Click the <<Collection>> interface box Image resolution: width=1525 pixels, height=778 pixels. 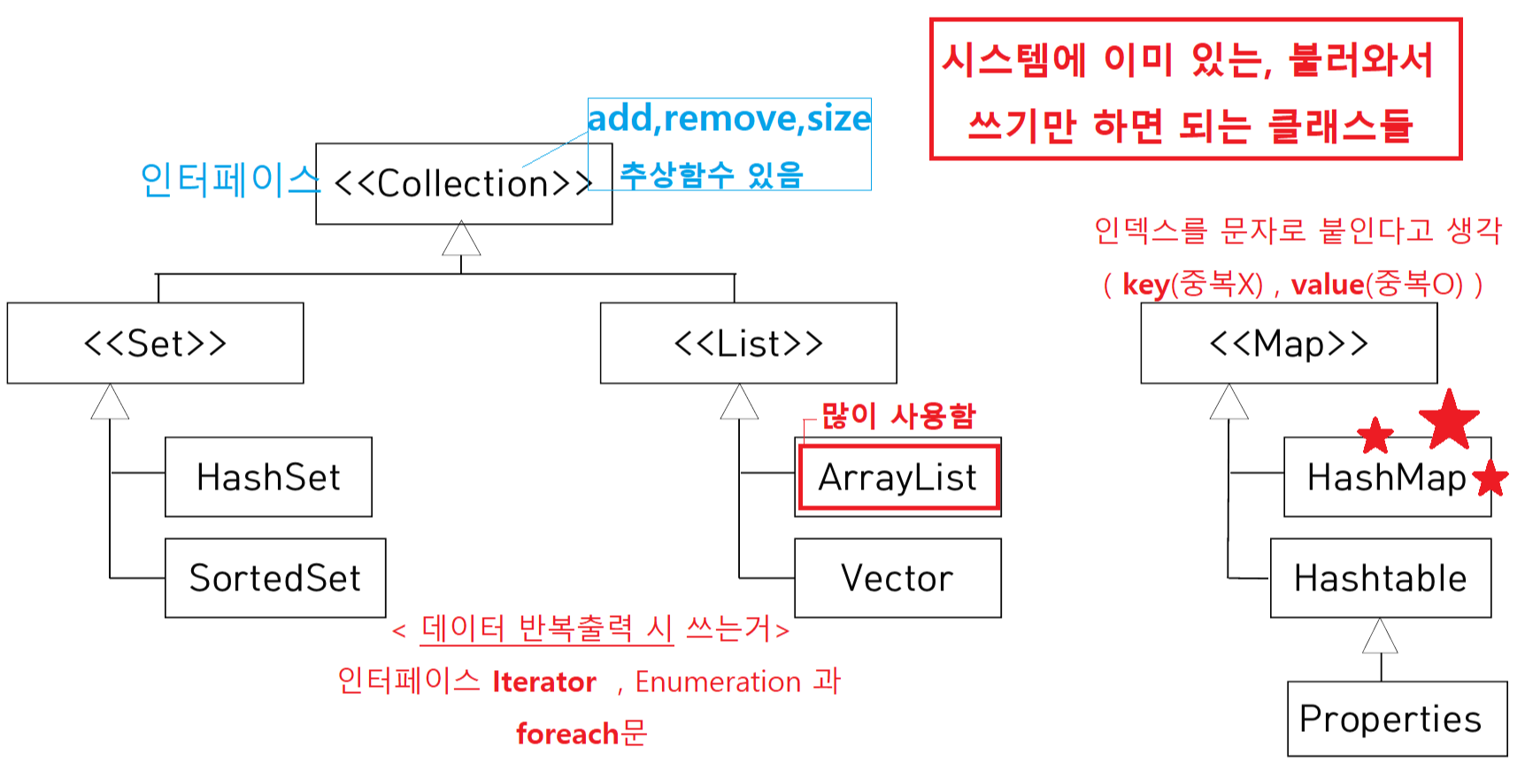pyautogui.click(x=463, y=184)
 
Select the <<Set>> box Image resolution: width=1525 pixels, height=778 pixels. pyautogui.click(x=155, y=343)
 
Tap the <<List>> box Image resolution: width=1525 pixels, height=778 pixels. pyautogui.click(x=748, y=343)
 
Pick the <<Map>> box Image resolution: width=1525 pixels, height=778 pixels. pyautogui.click(x=1289, y=343)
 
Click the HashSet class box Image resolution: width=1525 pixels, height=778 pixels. pyautogui.click(x=268, y=477)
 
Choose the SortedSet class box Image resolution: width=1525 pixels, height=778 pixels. pyautogui.click(x=275, y=578)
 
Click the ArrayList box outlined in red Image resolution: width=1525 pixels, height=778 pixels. pyautogui.click(x=898, y=477)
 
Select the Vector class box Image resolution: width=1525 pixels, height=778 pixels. pyautogui.click(x=897, y=578)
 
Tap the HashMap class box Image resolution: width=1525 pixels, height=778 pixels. pyautogui.click(x=1386, y=478)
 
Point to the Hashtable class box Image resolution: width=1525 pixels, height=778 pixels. pyautogui.click(x=1380, y=578)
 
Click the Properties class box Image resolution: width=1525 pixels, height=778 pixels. pyautogui.click(x=1390, y=719)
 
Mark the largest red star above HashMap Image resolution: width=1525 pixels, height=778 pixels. pyautogui.click(x=1449, y=418)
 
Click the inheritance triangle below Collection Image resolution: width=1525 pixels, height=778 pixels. pyautogui.click(x=461, y=240)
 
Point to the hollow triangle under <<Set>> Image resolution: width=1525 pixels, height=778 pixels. pyautogui.click(x=110, y=403)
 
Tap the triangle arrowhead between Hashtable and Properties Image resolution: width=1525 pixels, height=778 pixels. pyautogui.click(x=1380, y=637)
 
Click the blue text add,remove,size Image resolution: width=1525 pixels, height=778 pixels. pyautogui.click(x=729, y=119)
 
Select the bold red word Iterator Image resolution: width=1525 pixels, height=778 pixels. pyautogui.click(x=544, y=682)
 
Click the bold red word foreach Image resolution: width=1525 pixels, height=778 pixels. pyautogui.click(x=566, y=734)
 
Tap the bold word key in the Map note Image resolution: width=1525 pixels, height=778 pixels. pyautogui.click(x=1146, y=285)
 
